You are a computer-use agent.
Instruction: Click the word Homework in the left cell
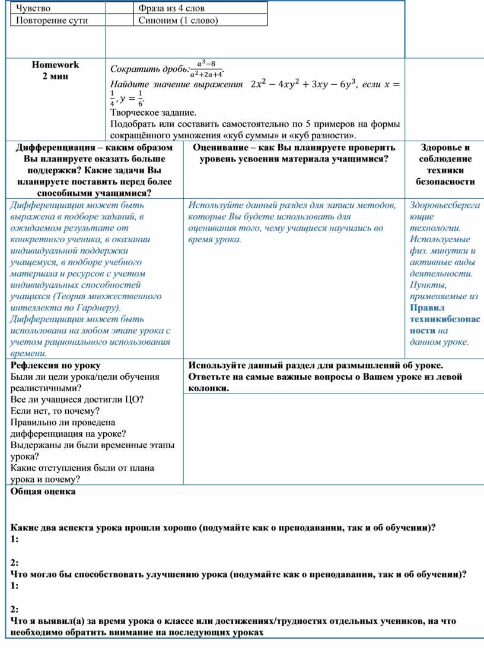55,65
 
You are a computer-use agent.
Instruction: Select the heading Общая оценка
43,491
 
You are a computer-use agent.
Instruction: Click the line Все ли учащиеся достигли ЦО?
77,399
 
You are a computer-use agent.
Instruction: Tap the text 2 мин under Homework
55,76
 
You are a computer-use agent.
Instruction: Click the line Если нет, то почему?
55,411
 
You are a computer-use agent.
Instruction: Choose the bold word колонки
208,388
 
